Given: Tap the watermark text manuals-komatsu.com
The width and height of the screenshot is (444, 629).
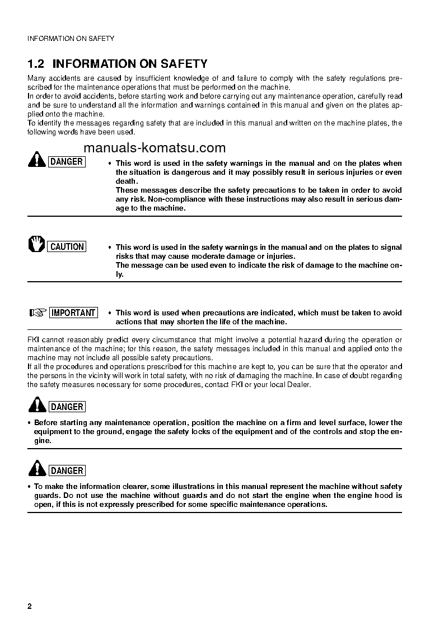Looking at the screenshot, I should point(155,148).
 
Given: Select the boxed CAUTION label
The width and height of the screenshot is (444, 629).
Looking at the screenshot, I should point(67,246).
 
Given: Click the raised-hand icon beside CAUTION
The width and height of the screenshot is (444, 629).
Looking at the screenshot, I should point(36,245).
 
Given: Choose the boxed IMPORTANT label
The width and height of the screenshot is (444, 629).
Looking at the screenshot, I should point(73,313).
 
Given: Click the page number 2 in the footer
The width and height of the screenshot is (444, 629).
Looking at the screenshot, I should point(30,607).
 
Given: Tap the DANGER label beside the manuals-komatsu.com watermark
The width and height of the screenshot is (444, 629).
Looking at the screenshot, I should point(67,162).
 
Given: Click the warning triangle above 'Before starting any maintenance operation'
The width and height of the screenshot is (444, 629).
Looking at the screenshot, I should point(37,405).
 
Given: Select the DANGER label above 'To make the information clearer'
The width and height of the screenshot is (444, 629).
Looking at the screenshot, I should point(67,470).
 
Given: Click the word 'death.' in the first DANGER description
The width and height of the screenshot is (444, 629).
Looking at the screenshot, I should point(127,181).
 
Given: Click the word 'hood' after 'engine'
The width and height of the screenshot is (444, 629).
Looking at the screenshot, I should point(382,496).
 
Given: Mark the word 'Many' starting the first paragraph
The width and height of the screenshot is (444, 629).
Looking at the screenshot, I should point(36,78).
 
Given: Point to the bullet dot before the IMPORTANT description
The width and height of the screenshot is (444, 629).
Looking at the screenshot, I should point(110,313).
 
